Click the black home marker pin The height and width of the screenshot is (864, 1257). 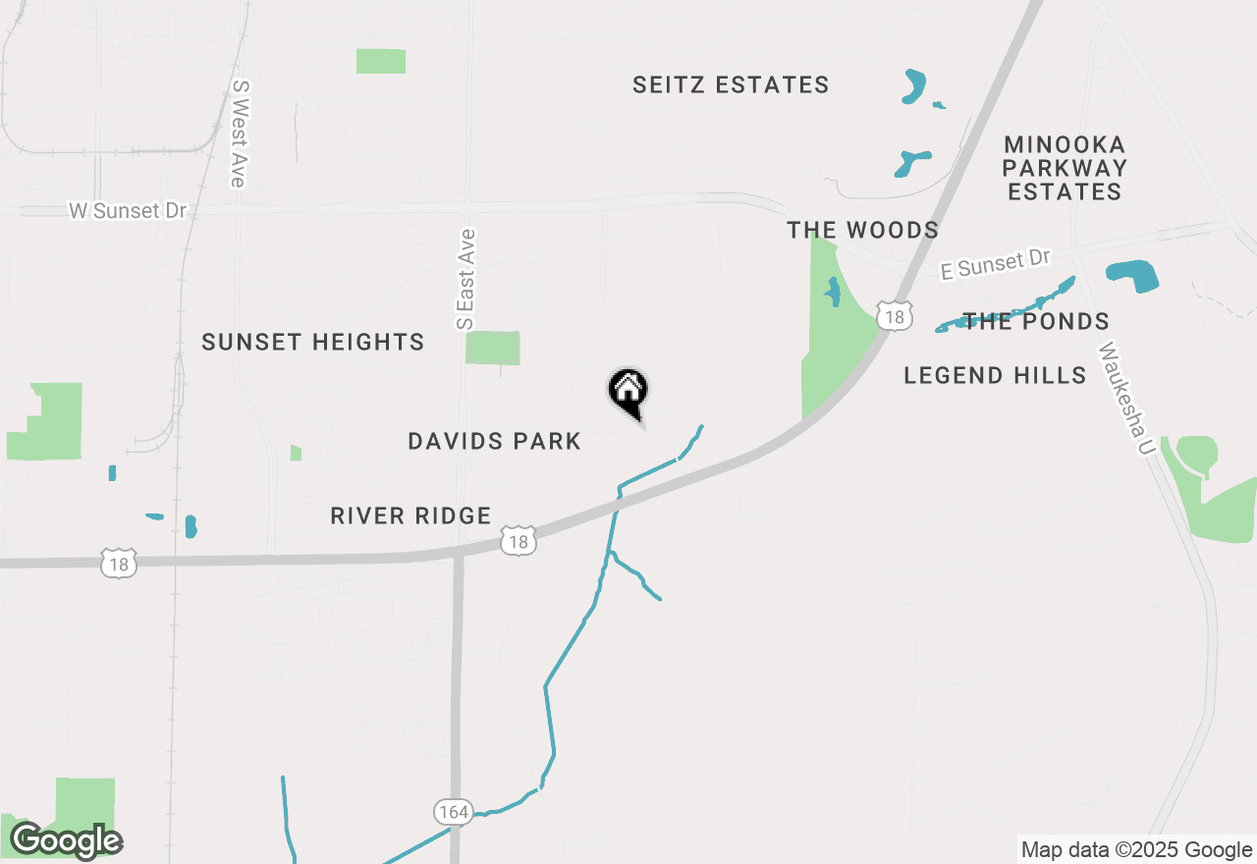(x=628, y=392)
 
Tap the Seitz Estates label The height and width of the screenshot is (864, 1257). (x=731, y=85)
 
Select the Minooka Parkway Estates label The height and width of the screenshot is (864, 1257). (x=1065, y=169)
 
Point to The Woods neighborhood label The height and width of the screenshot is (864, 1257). (x=862, y=231)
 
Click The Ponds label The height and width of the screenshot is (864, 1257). (x=1036, y=322)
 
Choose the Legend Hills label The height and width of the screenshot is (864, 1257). (x=995, y=375)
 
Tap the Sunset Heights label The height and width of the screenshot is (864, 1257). (x=312, y=343)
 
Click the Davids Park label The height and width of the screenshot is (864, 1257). (x=495, y=442)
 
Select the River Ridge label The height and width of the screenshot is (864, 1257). (x=410, y=516)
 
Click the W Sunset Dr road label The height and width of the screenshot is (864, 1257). (x=127, y=211)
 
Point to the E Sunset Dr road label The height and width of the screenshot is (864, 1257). (x=995, y=264)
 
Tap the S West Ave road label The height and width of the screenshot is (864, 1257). (x=239, y=134)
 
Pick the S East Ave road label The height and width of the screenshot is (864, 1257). (x=465, y=279)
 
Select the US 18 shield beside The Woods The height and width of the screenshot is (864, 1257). (x=894, y=316)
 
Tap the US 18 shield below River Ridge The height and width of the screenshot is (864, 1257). (x=519, y=541)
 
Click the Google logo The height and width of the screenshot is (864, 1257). (x=66, y=841)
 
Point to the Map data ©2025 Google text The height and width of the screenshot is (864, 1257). (x=1136, y=850)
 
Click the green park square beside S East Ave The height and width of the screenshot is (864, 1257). (x=492, y=348)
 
